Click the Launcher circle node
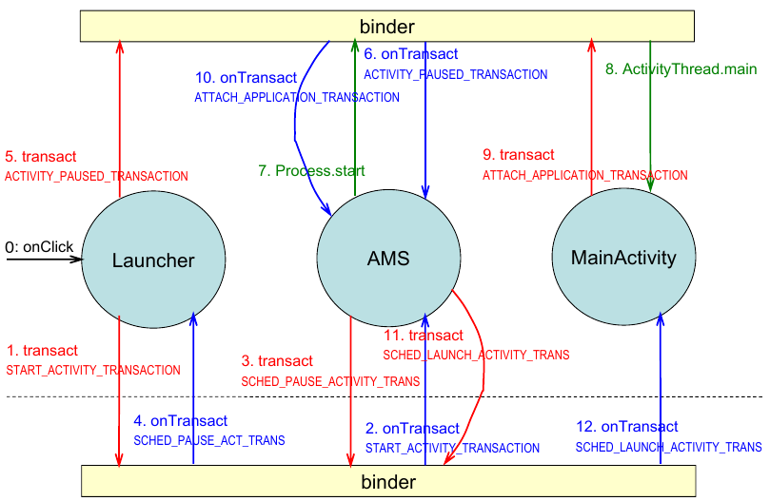pyautogui.click(x=152, y=260)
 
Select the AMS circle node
pyautogui.click(x=388, y=258)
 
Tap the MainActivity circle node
pyautogui.click(x=623, y=257)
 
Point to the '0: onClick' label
pyautogui.click(x=39, y=247)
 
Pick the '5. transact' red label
pyautogui.click(x=41, y=157)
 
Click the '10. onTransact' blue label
pyautogui.click(x=249, y=78)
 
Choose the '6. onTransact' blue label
pyautogui.click(x=411, y=55)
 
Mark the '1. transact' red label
pyautogui.click(x=42, y=351)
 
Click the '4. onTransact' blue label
pyautogui.click(x=181, y=421)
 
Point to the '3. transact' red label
pyautogui.click(x=277, y=361)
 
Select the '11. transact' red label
pyautogui.click(x=424, y=336)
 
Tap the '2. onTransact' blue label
pyautogui.click(x=412, y=429)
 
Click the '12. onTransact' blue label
pyautogui.click(x=628, y=427)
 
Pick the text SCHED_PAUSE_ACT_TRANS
pyautogui.click(x=209, y=441)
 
